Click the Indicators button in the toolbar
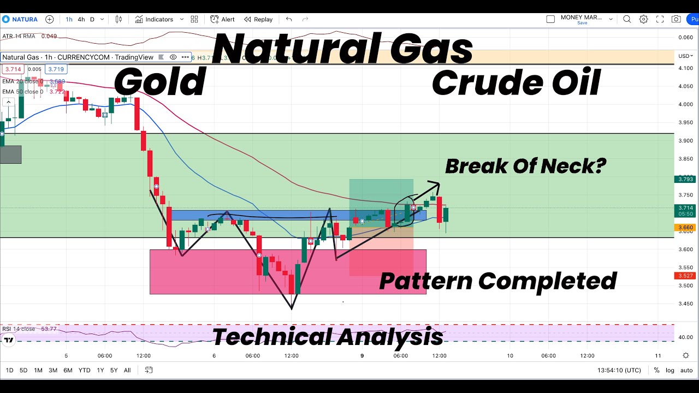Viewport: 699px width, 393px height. (154, 19)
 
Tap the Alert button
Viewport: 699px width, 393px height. (223, 19)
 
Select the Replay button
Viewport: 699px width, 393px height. (258, 19)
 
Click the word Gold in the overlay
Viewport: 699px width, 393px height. (159, 82)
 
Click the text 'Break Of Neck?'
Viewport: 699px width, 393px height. (525, 166)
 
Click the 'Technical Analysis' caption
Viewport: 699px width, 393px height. (327, 337)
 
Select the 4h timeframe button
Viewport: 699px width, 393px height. (81, 19)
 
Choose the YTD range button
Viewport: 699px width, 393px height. (84, 370)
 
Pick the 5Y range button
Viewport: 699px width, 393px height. (114, 370)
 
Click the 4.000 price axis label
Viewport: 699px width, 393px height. (685, 104)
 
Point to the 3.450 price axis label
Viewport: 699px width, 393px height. (685, 303)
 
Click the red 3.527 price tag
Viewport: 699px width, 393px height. (685, 276)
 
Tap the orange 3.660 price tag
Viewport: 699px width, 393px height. (685, 228)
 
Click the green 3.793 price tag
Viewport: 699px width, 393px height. (685, 178)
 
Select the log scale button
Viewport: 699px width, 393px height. (670, 370)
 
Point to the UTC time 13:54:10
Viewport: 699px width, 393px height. (619, 370)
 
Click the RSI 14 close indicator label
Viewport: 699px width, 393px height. (19, 329)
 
